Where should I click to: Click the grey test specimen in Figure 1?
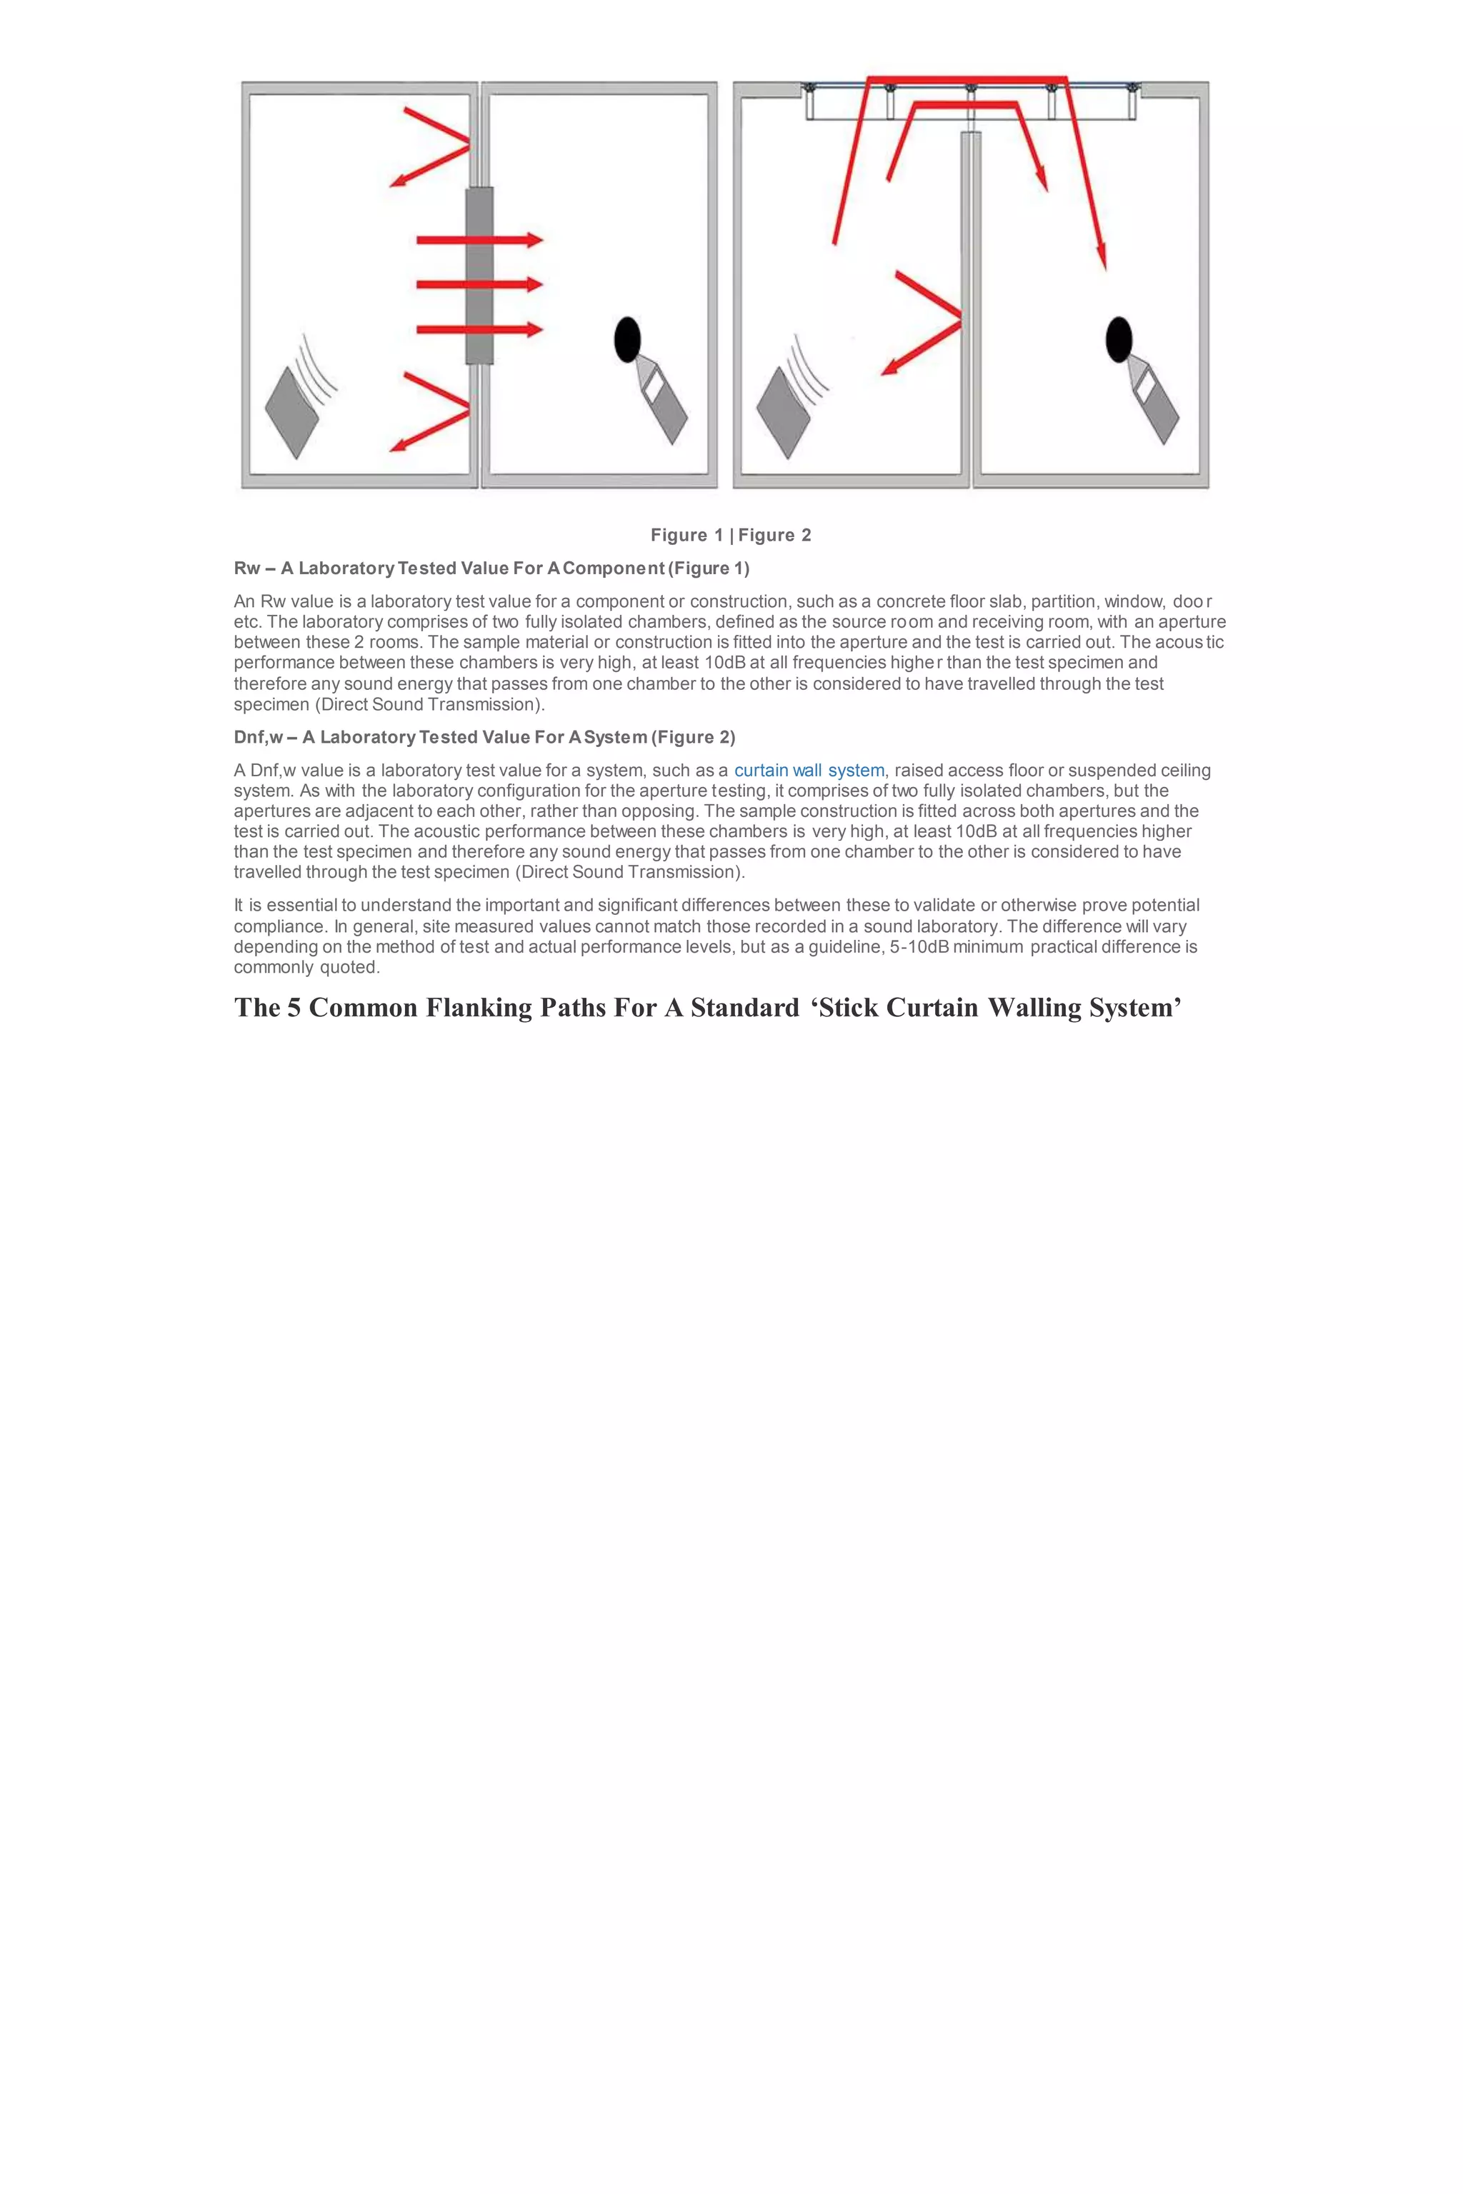point(479,275)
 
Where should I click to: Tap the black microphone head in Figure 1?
point(627,339)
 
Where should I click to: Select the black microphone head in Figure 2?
point(1119,339)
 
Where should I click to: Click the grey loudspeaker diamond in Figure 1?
point(292,411)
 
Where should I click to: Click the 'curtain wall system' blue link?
point(809,771)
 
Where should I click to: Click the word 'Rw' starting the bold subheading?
point(247,568)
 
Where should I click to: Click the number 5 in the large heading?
point(294,1008)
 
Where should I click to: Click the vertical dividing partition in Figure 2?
point(970,308)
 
